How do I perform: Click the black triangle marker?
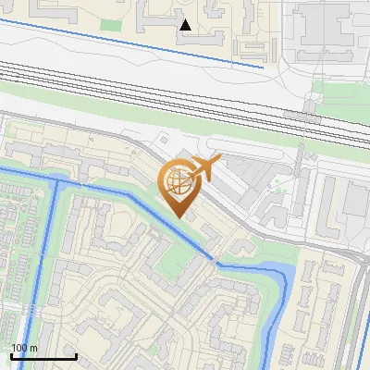tap(186, 25)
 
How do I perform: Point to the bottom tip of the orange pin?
tap(178, 218)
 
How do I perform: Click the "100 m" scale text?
tap(25, 348)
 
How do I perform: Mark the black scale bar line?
tap(43, 357)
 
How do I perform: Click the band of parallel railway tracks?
tap(185, 92)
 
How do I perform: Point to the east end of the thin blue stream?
tap(264, 67)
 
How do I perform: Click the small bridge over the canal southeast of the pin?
tap(217, 260)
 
